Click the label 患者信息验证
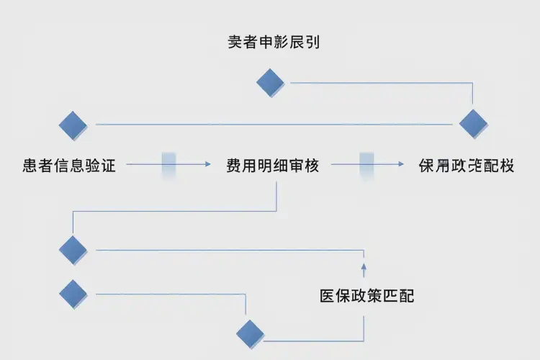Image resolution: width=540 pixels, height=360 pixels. coord(69,165)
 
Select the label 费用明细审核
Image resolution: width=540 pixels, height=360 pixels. coord(272,165)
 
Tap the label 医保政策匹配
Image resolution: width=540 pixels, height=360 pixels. coord(366,296)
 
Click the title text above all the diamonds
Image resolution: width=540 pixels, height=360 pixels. coord(273,42)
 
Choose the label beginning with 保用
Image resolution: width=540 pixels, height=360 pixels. coord(467,165)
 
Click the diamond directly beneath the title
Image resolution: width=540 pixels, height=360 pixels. coord(271,82)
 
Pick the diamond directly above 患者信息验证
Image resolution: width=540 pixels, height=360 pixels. coord(73,125)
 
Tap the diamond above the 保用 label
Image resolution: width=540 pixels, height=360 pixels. coord(473,123)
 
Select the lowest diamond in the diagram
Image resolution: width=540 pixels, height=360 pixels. coord(250,333)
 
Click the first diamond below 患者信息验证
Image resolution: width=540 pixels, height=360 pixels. coord(73,250)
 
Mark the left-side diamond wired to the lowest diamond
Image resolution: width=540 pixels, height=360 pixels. coord(73,293)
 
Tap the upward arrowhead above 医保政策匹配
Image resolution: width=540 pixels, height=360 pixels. coord(364,267)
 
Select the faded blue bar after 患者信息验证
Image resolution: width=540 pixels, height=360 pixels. coord(169,165)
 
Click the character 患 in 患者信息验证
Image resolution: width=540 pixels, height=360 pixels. coord(30,165)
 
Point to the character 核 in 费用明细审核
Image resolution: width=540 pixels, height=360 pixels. coord(311,165)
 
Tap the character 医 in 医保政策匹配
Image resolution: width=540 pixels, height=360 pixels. coord(328,296)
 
